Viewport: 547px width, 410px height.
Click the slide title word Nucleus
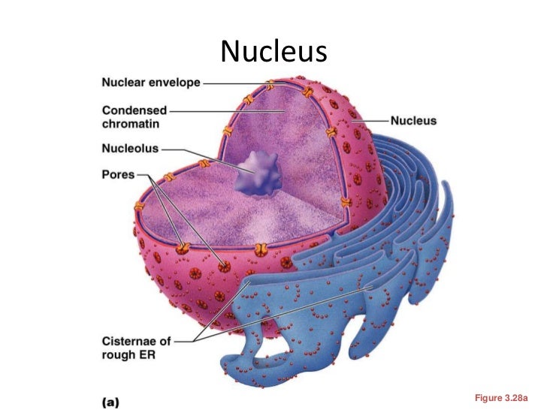pos(273,50)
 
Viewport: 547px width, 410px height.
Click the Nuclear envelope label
pos(151,83)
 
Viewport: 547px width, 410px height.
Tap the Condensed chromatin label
pos(134,116)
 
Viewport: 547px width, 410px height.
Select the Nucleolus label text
pos(130,148)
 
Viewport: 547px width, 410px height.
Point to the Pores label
pos(118,174)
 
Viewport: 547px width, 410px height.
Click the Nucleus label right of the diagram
pos(413,120)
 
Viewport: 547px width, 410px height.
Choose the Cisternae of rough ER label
pos(137,348)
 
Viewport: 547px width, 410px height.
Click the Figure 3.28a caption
pos(502,395)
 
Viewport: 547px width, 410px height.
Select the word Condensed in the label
pos(134,110)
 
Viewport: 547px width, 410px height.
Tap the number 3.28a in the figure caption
pos(516,395)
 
